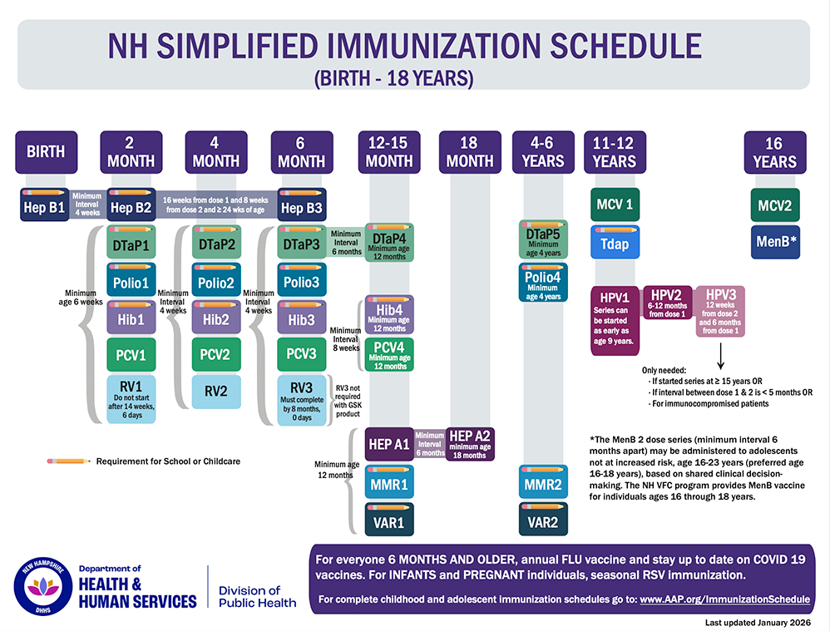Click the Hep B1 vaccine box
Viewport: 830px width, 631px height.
(x=44, y=205)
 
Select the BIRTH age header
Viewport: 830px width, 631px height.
(x=47, y=152)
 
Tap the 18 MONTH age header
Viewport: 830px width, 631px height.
(x=470, y=152)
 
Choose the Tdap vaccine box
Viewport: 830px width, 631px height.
(x=615, y=242)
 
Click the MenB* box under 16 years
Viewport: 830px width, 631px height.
(x=775, y=242)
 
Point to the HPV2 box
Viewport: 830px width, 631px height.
(x=668, y=303)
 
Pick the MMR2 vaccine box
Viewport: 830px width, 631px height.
(x=543, y=481)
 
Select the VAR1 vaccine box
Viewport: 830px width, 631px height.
(x=389, y=520)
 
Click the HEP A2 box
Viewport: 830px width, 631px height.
(x=470, y=444)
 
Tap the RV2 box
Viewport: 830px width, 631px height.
(x=216, y=392)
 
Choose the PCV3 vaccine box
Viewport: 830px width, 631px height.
(x=302, y=354)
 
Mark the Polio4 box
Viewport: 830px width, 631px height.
(x=543, y=283)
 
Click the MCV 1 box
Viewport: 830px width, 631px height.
(x=615, y=205)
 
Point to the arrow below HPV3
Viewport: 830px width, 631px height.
(x=720, y=356)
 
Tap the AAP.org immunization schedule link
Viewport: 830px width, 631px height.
(x=724, y=599)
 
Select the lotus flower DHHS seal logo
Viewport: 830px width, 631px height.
(x=43, y=587)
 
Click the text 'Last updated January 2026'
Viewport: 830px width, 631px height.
(x=758, y=623)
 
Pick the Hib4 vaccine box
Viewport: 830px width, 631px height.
(x=389, y=314)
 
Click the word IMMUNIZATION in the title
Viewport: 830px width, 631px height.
(x=436, y=46)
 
